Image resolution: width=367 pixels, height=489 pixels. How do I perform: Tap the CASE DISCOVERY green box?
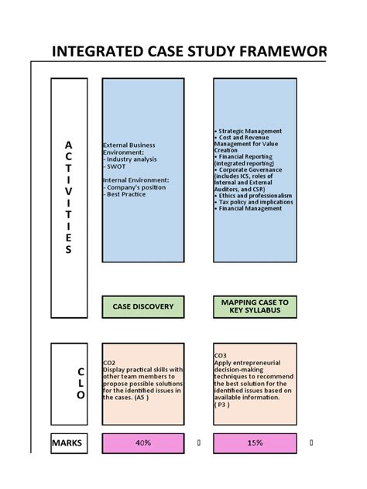point(143,306)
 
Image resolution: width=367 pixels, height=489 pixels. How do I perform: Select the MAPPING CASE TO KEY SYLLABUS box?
point(254,306)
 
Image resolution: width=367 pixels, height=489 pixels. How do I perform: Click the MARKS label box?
point(67,443)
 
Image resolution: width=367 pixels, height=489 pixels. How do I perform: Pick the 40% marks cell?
point(143,443)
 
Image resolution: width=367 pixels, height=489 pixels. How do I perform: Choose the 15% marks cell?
point(254,443)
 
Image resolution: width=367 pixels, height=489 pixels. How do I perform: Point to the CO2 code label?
point(109,362)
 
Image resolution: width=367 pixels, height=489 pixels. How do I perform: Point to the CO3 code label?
point(220,356)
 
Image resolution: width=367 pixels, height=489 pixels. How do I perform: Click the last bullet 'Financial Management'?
point(249,208)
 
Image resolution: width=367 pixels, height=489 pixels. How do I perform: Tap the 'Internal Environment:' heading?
point(135,180)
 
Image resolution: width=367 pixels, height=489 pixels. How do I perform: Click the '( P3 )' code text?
point(222,404)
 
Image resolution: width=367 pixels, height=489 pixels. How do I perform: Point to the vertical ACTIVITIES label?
point(68,197)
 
